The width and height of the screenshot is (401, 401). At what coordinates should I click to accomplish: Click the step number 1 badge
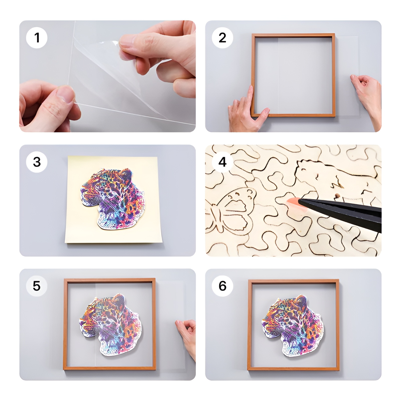pos(37,38)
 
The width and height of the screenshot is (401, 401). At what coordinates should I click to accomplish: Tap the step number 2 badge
pos(222,38)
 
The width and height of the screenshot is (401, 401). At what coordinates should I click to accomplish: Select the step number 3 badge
pos(37,162)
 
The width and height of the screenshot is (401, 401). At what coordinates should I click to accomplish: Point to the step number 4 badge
pos(222,162)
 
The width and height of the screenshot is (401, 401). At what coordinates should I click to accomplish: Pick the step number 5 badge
pos(37,286)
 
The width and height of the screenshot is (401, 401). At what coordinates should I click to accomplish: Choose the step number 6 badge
pos(222,286)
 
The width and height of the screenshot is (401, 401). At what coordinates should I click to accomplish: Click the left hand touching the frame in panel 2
pos(247,110)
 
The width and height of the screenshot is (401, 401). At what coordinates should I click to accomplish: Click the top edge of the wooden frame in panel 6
pos(293,281)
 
